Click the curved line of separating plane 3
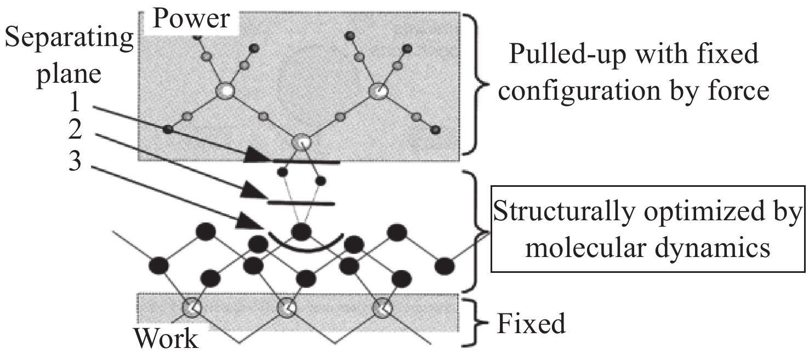click(x=305, y=250)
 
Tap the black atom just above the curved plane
click(x=300, y=232)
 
